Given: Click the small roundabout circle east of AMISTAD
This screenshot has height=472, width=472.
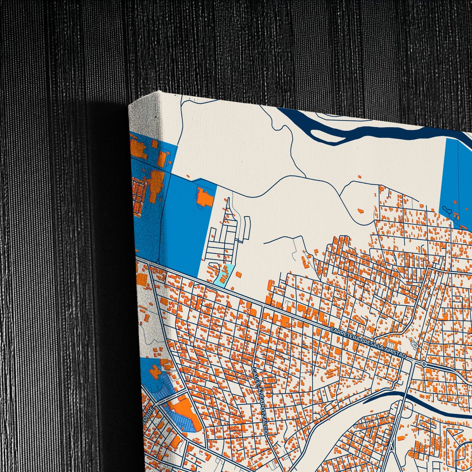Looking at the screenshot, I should (x=424, y=364).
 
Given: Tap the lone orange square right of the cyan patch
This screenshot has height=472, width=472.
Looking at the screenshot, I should (x=239, y=274).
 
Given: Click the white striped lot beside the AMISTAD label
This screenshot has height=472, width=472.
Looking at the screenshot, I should (x=413, y=344).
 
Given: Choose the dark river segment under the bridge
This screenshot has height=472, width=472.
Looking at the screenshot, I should (x=385, y=397).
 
